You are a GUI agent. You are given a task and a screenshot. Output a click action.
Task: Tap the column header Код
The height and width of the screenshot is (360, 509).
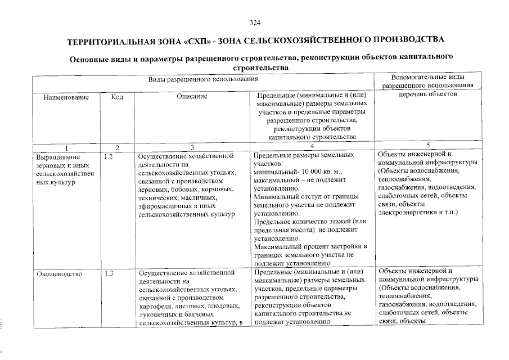(x=117, y=97)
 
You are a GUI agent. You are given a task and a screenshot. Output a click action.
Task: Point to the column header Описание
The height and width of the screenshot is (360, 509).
(x=192, y=97)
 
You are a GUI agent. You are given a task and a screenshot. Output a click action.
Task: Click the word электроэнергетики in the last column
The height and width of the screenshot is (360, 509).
(x=408, y=211)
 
